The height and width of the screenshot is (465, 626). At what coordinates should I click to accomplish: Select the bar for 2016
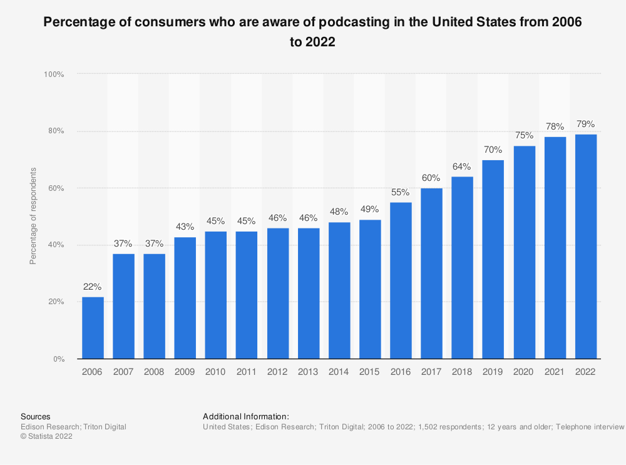pyautogui.click(x=401, y=280)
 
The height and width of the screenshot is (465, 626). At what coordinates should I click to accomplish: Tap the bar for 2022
pyautogui.click(x=586, y=247)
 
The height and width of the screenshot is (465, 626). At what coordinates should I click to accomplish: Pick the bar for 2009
pyautogui.click(x=185, y=298)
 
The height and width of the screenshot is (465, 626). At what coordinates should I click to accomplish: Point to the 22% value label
pyautogui.click(x=93, y=287)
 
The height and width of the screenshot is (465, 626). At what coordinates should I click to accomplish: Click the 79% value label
pyautogui.click(x=586, y=124)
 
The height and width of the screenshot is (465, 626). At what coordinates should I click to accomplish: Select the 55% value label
pyautogui.click(x=401, y=192)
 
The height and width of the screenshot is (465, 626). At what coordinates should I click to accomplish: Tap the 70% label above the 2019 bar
pyautogui.click(x=493, y=150)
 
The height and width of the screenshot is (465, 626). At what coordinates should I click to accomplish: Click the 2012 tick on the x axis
pyautogui.click(x=278, y=372)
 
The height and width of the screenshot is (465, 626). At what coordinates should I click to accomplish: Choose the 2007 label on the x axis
pyautogui.click(x=124, y=372)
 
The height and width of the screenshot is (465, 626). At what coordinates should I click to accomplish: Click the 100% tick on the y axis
pyautogui.click(x=54, y=74)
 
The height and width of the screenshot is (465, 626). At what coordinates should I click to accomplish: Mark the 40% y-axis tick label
pyautogui.click(x=56, y=245)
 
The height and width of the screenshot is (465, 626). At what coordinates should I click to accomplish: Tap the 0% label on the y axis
pyautogui.click(x=58, y=359)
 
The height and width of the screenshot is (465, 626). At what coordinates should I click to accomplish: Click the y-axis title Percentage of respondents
pyautogui.click(x=33, y=216)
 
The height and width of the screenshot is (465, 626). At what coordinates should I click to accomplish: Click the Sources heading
pyautogui.click(x=36, y=416)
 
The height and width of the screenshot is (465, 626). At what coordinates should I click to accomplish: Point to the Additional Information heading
pyautogui.click(x=246, y=416)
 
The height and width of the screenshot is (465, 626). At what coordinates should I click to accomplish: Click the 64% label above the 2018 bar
pyautogui.click(x=463, y=166)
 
